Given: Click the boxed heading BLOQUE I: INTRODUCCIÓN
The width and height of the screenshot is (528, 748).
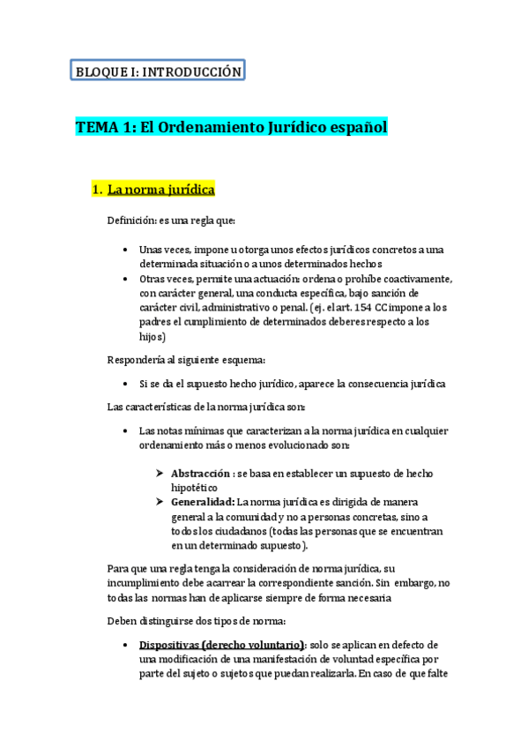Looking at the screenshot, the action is point(157,71).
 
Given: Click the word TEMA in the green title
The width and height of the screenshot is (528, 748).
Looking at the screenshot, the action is point(96,128).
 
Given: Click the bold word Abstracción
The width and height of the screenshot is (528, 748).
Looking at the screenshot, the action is point(201,473).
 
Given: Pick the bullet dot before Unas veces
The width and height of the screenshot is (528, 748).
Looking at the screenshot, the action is point(129,250).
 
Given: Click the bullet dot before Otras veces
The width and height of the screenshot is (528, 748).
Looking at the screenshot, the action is point(129,279).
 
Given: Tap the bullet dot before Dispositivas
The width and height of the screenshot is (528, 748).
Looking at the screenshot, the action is point(129,644).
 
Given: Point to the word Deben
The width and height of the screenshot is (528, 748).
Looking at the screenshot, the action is point(122,620).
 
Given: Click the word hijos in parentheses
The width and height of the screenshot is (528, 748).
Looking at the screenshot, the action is point(151,336).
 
